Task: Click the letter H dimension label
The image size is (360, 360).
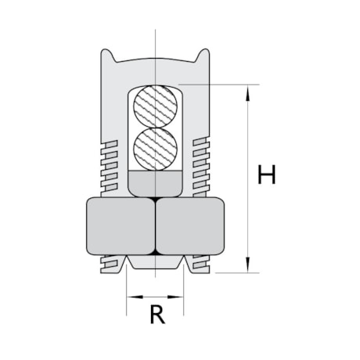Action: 268,175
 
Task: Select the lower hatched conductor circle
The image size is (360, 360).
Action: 155,148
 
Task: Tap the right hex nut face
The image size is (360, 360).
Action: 192,227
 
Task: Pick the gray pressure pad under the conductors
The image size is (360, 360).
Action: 155,184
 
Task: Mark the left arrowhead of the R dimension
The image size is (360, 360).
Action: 131,297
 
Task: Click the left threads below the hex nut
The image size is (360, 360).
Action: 113,264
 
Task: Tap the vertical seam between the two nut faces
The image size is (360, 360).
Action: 155,227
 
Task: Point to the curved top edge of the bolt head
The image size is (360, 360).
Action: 155,59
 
